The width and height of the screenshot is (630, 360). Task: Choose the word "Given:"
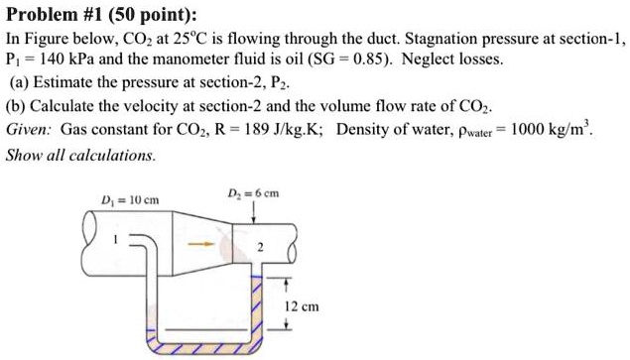tap(30, 130)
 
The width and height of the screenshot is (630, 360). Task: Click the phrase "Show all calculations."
tap(81, 155)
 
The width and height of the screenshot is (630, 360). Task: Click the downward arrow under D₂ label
tap(256, 212)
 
